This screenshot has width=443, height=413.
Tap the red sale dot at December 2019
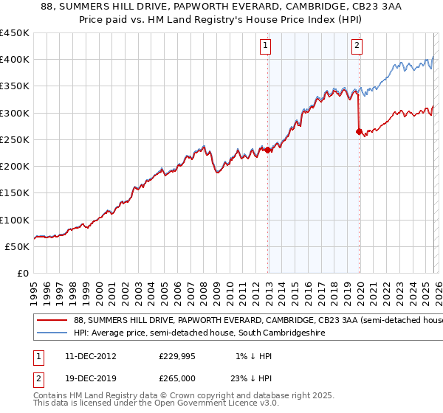click(x=359, y=132)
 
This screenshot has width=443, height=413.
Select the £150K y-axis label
click(x=15, y=193)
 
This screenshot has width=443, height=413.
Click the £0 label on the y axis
click(x=23, y=274)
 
